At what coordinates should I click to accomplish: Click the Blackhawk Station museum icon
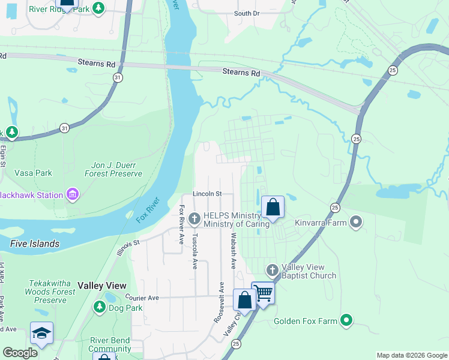[73, 195]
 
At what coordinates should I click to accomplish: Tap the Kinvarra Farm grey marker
[356, 223]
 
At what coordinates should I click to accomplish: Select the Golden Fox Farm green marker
[346, 321]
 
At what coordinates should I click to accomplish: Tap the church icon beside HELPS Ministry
[194, 219]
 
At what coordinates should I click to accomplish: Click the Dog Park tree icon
[100, 308]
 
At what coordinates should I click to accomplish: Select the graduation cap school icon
[41, 334]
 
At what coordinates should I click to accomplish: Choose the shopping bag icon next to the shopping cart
[244, 301]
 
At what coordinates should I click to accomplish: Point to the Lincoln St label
[208, 194]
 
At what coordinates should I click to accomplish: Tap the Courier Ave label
[142, 298]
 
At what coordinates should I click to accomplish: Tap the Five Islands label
[35, 244]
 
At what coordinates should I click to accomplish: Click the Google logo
[20, 353]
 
